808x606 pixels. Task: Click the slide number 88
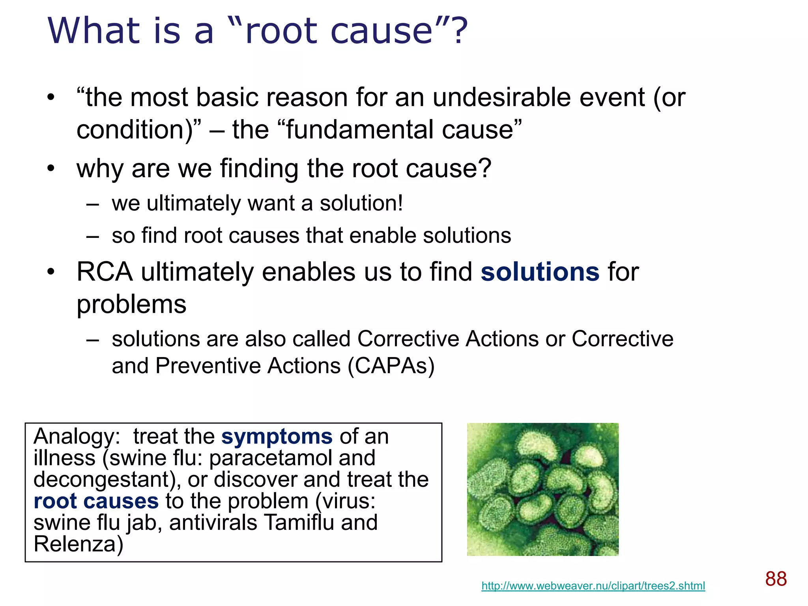click(x=776, y=579)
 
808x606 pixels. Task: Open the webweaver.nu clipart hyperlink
click(x=593, y=586)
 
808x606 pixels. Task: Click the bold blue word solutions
click(x=540, y=272)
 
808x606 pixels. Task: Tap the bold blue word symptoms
click(x=277, y=437)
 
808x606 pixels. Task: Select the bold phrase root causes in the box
click(x=96, y=501)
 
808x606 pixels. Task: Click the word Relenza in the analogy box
click(x=78, y=544)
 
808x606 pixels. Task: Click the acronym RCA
click(x=105, y=272)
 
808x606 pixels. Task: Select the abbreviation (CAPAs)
click(x=391, y=366)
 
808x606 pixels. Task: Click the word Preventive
click(x=208, y=366)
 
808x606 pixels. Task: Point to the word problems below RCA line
click(x=131, y=305)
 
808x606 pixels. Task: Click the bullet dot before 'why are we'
click(x=50, y=169)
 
